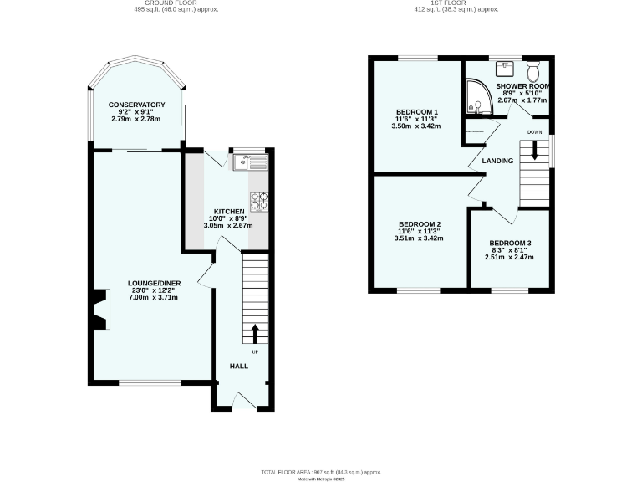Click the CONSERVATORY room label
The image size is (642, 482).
coord(136,105)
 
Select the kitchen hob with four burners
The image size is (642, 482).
coord(258,200)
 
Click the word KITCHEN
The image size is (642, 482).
coord(228,211)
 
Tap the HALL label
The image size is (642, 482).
coord(240,366)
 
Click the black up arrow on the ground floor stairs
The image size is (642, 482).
coord(255,334)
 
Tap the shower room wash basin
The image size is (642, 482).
coord(506,67)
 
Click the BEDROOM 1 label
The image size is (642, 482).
coord(417,112)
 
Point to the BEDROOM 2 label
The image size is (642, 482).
coord(419,224)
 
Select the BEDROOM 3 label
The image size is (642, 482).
coord(510,243)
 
